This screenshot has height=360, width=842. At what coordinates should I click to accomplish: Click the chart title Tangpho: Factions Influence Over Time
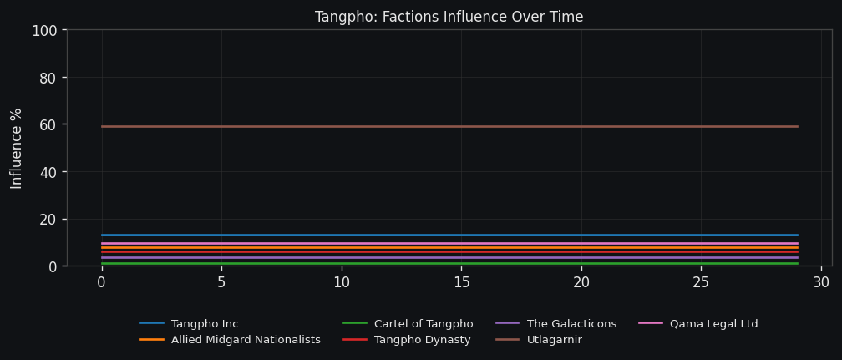click(449, 18)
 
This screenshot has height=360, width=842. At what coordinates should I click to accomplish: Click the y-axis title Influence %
click(17, 148)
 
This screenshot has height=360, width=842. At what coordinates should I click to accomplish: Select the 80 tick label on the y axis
click(48, 78)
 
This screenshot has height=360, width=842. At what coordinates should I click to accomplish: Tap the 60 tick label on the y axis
click(48, 125)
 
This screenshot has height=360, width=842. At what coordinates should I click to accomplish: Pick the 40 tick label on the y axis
click(48, 172)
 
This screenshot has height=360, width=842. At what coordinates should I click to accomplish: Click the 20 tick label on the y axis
click(48, 220)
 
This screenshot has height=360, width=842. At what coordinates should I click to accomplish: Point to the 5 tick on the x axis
click(221, 283)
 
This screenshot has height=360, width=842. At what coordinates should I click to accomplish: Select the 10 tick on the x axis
click(341, 283)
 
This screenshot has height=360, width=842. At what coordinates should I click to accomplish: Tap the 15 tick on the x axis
click(461, 283)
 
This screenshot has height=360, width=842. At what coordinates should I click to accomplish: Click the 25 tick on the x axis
click(701, 283)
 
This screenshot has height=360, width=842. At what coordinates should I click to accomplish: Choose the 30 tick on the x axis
click(821, 283)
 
